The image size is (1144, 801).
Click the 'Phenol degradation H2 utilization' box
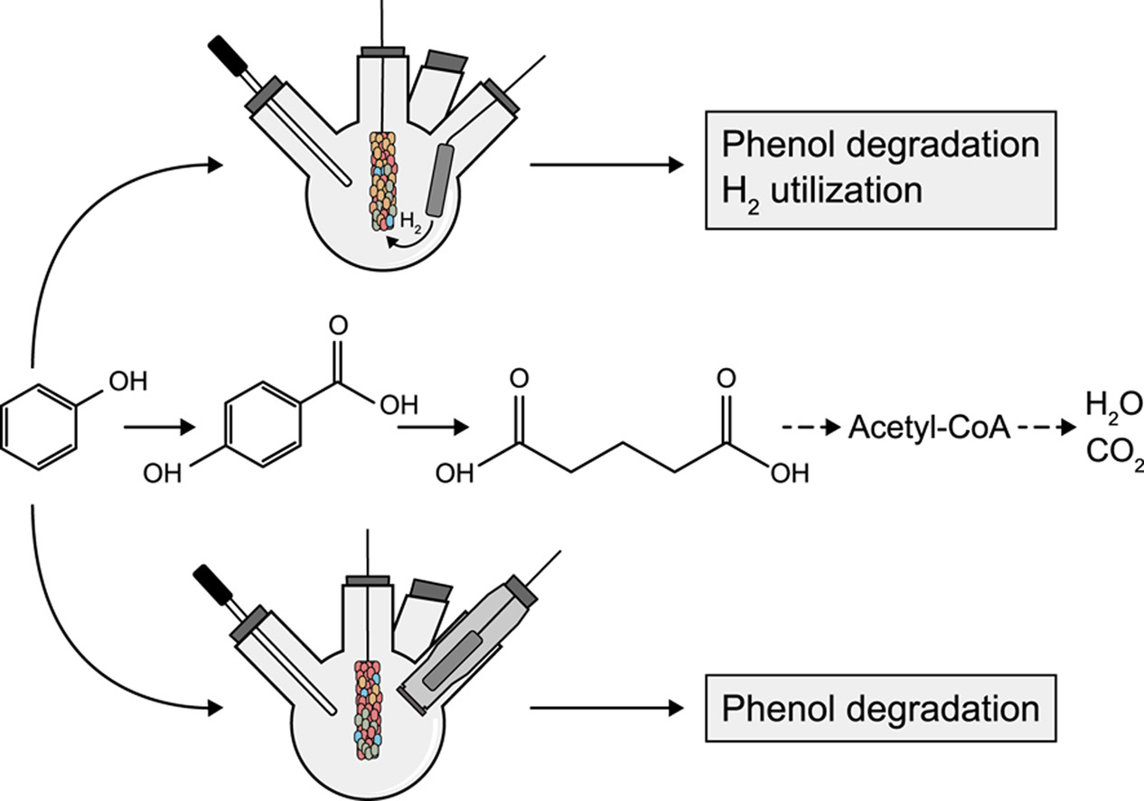tap(881, 169)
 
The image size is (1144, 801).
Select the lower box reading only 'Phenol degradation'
tap(881, 708)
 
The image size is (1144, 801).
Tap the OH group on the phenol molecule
tap(126, 383)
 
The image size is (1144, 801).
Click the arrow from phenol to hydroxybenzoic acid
tap(159, 427)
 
